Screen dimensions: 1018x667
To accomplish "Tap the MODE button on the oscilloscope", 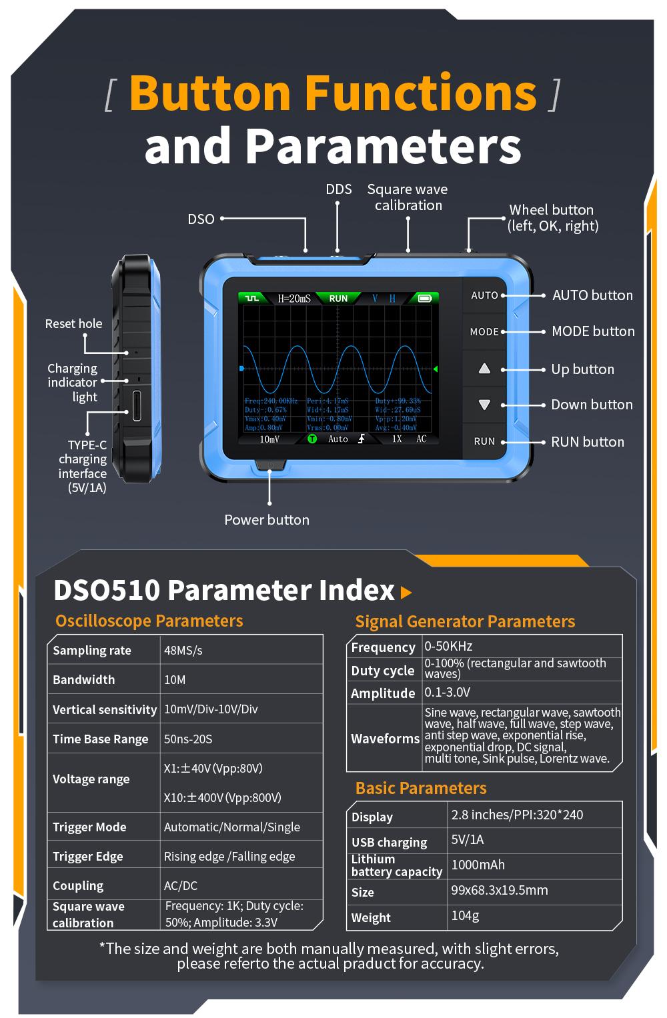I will coord(485,331).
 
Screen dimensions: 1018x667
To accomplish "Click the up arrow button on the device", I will coord(485,369).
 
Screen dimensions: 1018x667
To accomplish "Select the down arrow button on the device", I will coord(485,405).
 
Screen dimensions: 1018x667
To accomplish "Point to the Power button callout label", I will coord(267,520).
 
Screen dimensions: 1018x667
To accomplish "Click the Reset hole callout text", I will coord(73,324).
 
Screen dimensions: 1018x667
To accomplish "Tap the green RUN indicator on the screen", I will coord(338,298).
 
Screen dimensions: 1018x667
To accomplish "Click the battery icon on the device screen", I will coord(424,298).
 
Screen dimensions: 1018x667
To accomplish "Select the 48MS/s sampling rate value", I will coord(183,651).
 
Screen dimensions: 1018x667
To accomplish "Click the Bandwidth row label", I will coord(84,680).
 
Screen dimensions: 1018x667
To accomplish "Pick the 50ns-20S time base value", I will coord(188,739).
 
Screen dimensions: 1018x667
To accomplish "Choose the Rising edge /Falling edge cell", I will coord(229,857).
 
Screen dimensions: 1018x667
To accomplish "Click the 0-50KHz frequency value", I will coord(448,646).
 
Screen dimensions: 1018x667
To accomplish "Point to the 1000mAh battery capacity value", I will coord(478,865).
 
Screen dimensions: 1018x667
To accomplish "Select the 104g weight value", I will coord(466,915).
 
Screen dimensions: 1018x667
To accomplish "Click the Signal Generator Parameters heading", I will coord(465,621).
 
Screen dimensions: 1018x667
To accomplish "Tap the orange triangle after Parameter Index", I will coord(406,592).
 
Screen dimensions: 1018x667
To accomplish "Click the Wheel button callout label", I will coord(552,218).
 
